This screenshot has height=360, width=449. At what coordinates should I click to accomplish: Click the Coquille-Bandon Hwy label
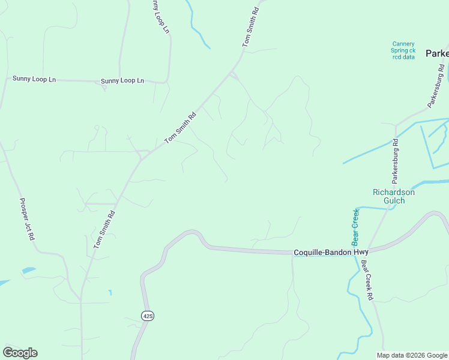click(x=331, y=253)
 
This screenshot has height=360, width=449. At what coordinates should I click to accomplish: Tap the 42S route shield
click(x=148, y=316)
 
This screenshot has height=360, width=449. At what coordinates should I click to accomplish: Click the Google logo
click(x=20, y=353)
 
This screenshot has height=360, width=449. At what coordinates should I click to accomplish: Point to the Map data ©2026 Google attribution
click(x=412, y=355)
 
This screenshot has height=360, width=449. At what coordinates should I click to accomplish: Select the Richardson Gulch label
click(x=393, y=196)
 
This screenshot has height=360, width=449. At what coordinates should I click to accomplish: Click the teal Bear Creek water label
click(x=355, y=227)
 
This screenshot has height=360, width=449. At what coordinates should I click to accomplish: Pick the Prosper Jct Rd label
click(x=27, y=220)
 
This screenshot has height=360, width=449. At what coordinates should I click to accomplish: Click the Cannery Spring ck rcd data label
click(x=403, y=50)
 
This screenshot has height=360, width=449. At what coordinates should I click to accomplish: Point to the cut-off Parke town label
click(x=437, y=53)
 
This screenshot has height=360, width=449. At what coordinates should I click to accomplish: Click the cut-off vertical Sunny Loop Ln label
click(x=160, y=16)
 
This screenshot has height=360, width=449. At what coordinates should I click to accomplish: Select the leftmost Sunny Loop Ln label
click(x=34, y=79)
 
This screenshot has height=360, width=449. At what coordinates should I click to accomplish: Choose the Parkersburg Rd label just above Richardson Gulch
click(x=395, y=161)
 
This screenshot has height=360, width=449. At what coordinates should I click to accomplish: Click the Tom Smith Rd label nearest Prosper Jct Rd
click(x=103, y=229)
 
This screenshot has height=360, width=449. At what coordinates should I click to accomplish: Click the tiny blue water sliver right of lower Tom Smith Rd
click(x=110, y=292)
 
